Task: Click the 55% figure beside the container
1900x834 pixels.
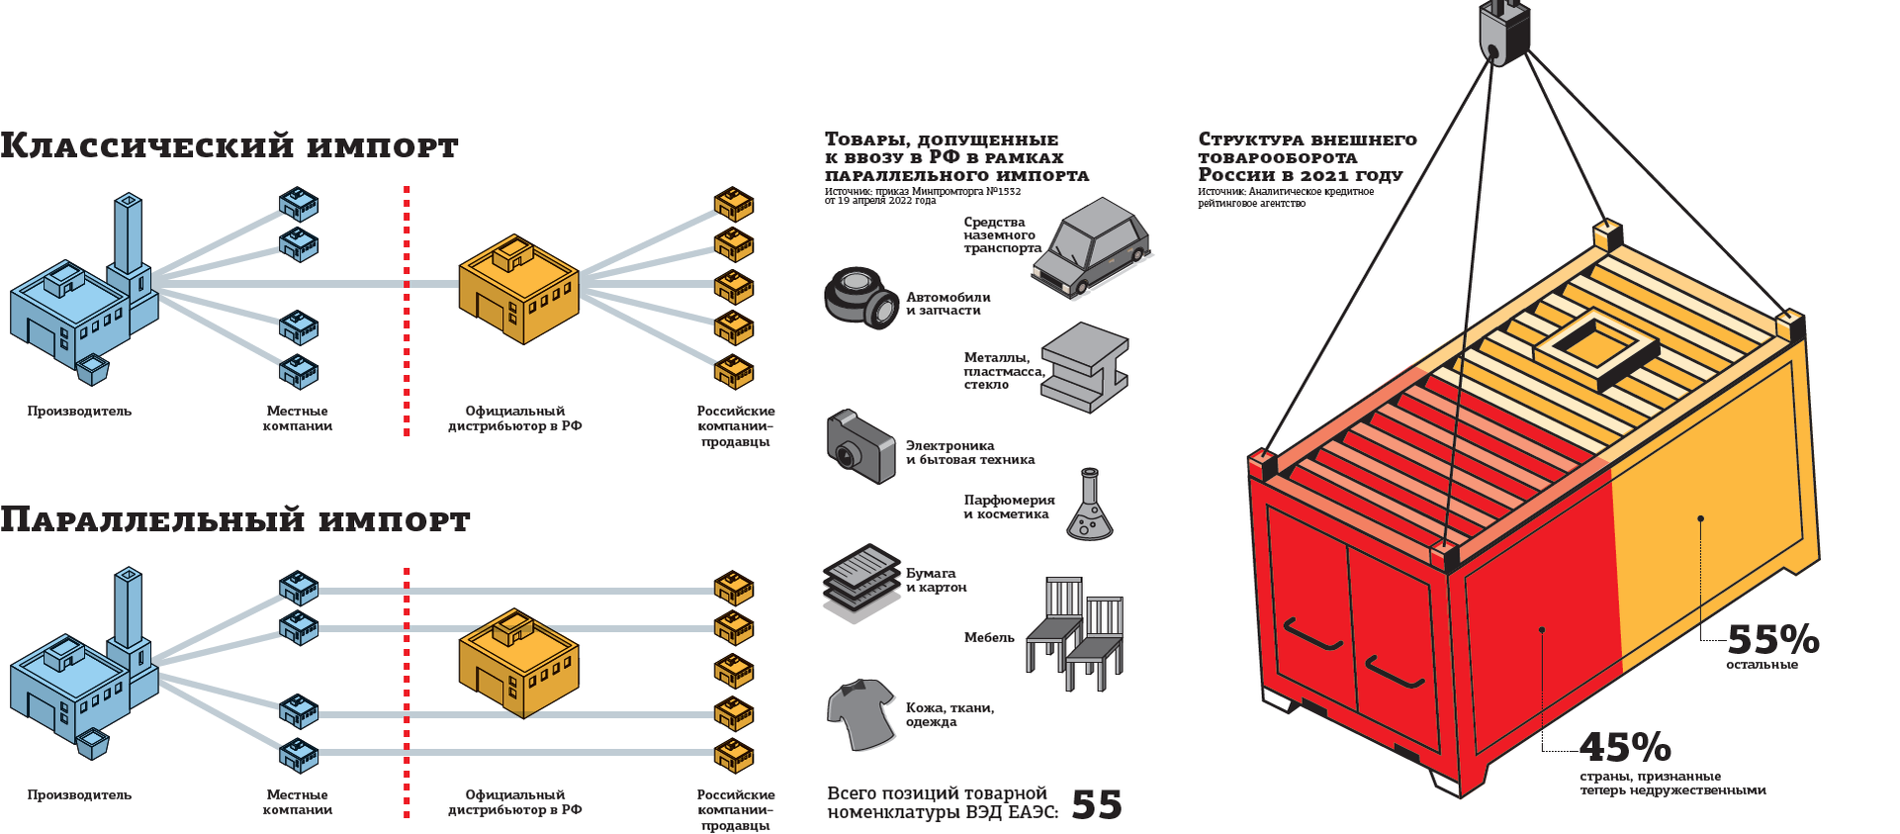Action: click(x=1772, y=640)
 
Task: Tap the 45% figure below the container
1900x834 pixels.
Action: click(x=1625, y=747)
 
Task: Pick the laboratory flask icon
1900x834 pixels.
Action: click(x=1089, y=507)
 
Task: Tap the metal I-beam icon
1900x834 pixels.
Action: click(x=1086, y=366)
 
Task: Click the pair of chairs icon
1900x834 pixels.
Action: click(x=1075, y=634)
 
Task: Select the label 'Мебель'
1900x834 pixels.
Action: click(x=989, y=638)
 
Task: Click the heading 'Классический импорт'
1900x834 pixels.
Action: click(x=228, y=146)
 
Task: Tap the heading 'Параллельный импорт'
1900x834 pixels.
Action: click(x=234, y=520)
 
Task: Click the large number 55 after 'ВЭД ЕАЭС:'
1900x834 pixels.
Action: click(x=1097, y=805)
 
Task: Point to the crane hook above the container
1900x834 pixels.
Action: click(x=1503, y=33)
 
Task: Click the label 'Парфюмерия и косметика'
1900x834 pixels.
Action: click(x=1009, y=508)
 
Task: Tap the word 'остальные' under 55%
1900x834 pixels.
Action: click(x=1762, y=665)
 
